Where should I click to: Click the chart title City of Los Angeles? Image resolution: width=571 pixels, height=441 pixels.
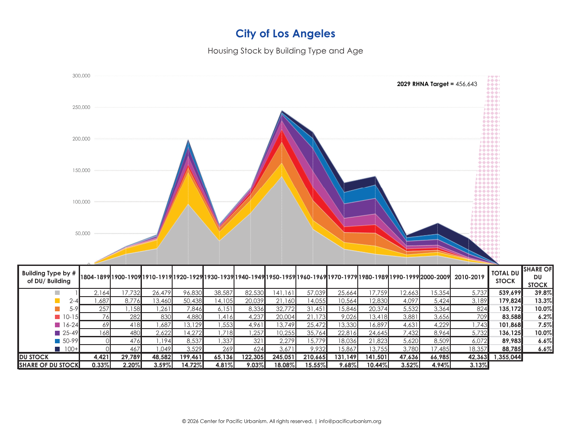285,34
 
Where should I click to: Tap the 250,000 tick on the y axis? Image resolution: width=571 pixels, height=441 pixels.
81,107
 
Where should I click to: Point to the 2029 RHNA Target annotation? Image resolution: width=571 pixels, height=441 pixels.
437,84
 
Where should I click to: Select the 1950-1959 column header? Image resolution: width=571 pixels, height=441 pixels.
280,277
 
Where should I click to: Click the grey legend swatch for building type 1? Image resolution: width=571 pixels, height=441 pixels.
57,293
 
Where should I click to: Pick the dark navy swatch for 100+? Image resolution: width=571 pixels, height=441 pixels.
57,349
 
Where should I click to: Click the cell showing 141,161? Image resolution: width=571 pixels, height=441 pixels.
283,293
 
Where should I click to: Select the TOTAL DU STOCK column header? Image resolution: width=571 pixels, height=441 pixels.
505,277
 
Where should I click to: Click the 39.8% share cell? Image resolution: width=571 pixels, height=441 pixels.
543,293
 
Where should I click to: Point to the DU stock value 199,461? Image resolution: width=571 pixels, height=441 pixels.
191,357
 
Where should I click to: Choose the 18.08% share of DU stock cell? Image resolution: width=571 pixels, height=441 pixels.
284,365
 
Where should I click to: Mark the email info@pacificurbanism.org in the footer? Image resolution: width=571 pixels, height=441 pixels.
350,421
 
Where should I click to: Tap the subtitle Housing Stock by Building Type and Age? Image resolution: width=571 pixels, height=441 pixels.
285,51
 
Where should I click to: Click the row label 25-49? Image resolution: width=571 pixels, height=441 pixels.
70,333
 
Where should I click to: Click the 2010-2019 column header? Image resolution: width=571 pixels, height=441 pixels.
469,277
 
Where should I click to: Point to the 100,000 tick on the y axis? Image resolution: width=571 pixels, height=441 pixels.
81,202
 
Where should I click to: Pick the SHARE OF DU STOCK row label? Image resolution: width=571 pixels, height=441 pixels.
49,365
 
